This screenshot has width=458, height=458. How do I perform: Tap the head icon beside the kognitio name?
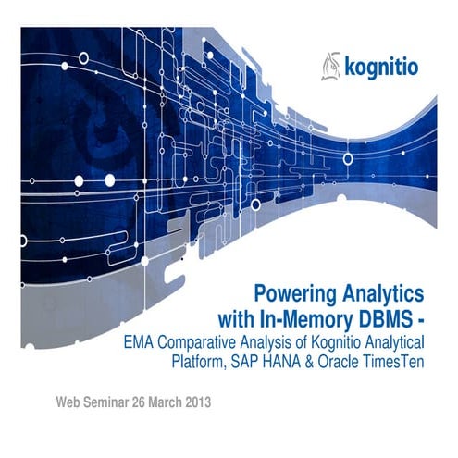coord(330,66)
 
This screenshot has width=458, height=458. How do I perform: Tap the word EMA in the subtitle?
coord(141,342)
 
